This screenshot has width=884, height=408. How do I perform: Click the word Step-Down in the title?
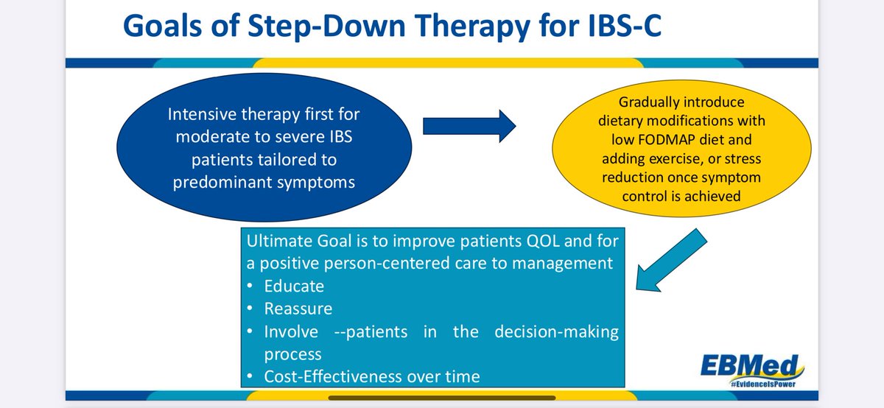tap(327, 26)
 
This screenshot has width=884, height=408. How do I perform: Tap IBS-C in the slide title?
tap(625, 25)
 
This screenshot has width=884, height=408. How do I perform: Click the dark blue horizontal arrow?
tap(469, 126)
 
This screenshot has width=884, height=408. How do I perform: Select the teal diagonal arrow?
tap(671, 260)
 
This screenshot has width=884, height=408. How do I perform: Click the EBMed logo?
tap(752, 366)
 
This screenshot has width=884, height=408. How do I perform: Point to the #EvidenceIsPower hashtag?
tap(762, 384)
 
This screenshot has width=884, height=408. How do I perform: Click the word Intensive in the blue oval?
tap(202, 114)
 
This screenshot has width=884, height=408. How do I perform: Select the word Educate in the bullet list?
tap(294, 286)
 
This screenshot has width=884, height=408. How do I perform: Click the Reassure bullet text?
tap(298, 309)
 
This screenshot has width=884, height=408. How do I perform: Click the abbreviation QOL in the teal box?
tap(543, 241)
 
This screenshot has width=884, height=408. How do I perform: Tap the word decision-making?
tap(556, 332)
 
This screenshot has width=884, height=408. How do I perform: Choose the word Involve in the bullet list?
tap(291, 332)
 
